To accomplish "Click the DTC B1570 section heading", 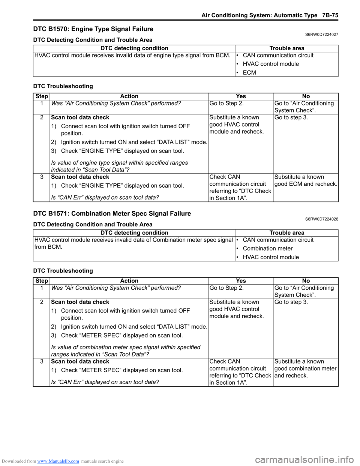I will coord(93,29).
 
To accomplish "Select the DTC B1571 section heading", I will coord(112,213).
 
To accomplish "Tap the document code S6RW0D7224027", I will coord(321,35).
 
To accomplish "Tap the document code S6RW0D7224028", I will coord(321,219).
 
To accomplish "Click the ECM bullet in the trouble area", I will coord(249,72).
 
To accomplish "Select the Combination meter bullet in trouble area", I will coord(268,248).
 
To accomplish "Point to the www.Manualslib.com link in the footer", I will coord(58,461).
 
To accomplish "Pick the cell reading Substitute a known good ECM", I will coord(306,180).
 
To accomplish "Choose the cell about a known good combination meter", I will coord(306,368).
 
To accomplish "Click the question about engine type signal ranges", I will coord(119,166).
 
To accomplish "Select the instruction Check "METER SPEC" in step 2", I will coord(122,335).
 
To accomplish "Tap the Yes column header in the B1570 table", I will coord(241,96).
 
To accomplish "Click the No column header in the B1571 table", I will coord(306,281).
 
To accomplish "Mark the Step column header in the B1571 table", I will coord(42,281).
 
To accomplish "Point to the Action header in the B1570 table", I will coord(129,96).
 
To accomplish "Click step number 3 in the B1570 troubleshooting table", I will coord(42,177).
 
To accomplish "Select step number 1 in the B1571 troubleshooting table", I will coord(42,288).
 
